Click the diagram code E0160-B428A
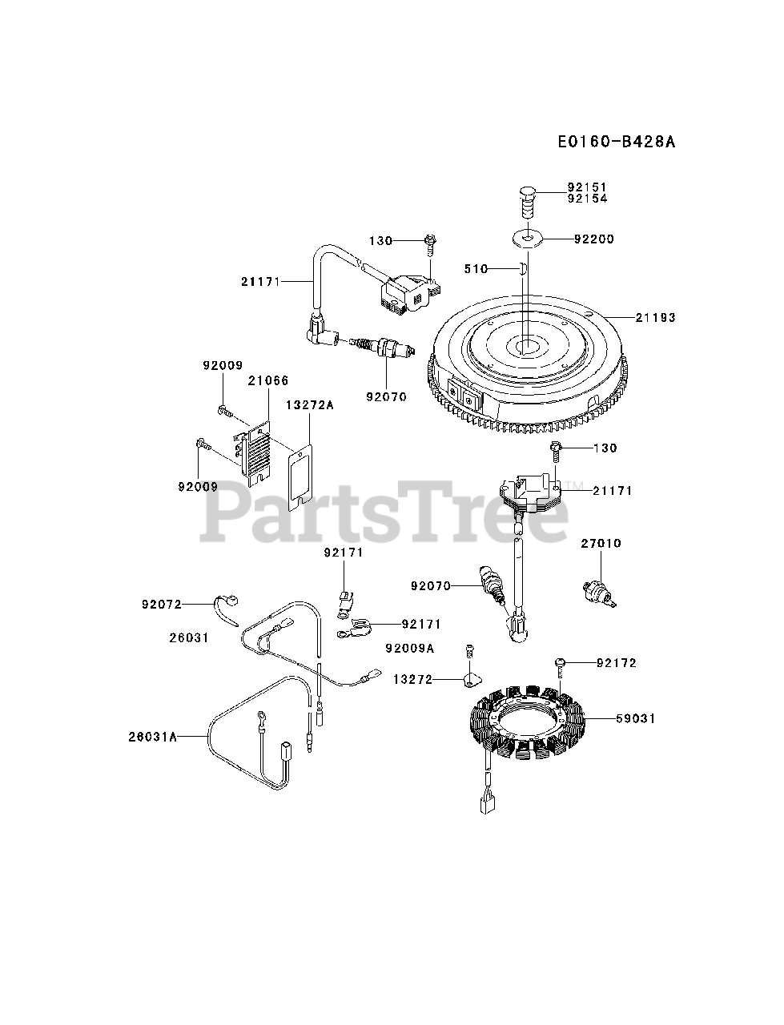point(617,142)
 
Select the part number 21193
point(656,318)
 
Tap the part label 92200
point(593,239)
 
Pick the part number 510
point(476,269)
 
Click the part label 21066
point(268,381)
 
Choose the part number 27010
point(601,544)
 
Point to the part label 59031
point(636,718)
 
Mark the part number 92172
point(617,663)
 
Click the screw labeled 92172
point(561,664)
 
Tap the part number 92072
point(161,604)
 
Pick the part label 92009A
point(409,649)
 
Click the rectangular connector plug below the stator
point(488,804)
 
